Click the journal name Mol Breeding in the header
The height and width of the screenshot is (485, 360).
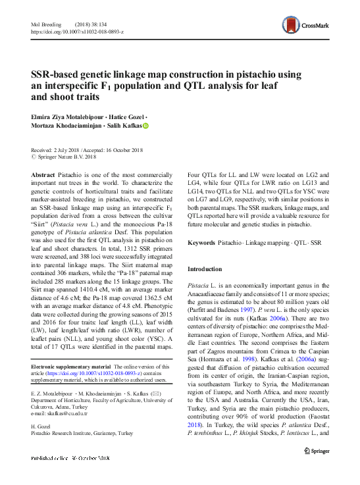tap(45, 23)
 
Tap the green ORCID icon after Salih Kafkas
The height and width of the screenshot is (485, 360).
tap(145, 126)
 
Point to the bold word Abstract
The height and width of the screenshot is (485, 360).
tap(43, 173)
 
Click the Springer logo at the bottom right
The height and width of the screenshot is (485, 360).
tap(316, 451)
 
